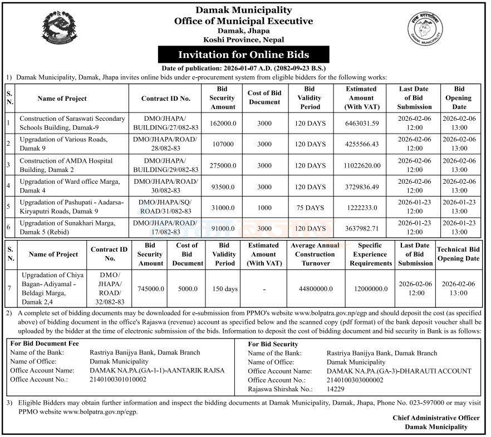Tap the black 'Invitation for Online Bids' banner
[x=243, y=55]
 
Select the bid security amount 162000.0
[x=223, y=123]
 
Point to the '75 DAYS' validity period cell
[x=310, y=208]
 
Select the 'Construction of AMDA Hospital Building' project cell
[x=66, y=165]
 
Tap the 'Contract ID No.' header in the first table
[x=166, y=99]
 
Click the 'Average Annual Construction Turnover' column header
[x=315, y=254]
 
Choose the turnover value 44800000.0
[x=315, y=288]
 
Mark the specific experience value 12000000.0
[x=370, y=288]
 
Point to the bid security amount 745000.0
[x=151, y=288]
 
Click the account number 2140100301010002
[x=118, y=379]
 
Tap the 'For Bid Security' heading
[x=273, y=344]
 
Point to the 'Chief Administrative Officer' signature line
[x=436, y=418]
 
